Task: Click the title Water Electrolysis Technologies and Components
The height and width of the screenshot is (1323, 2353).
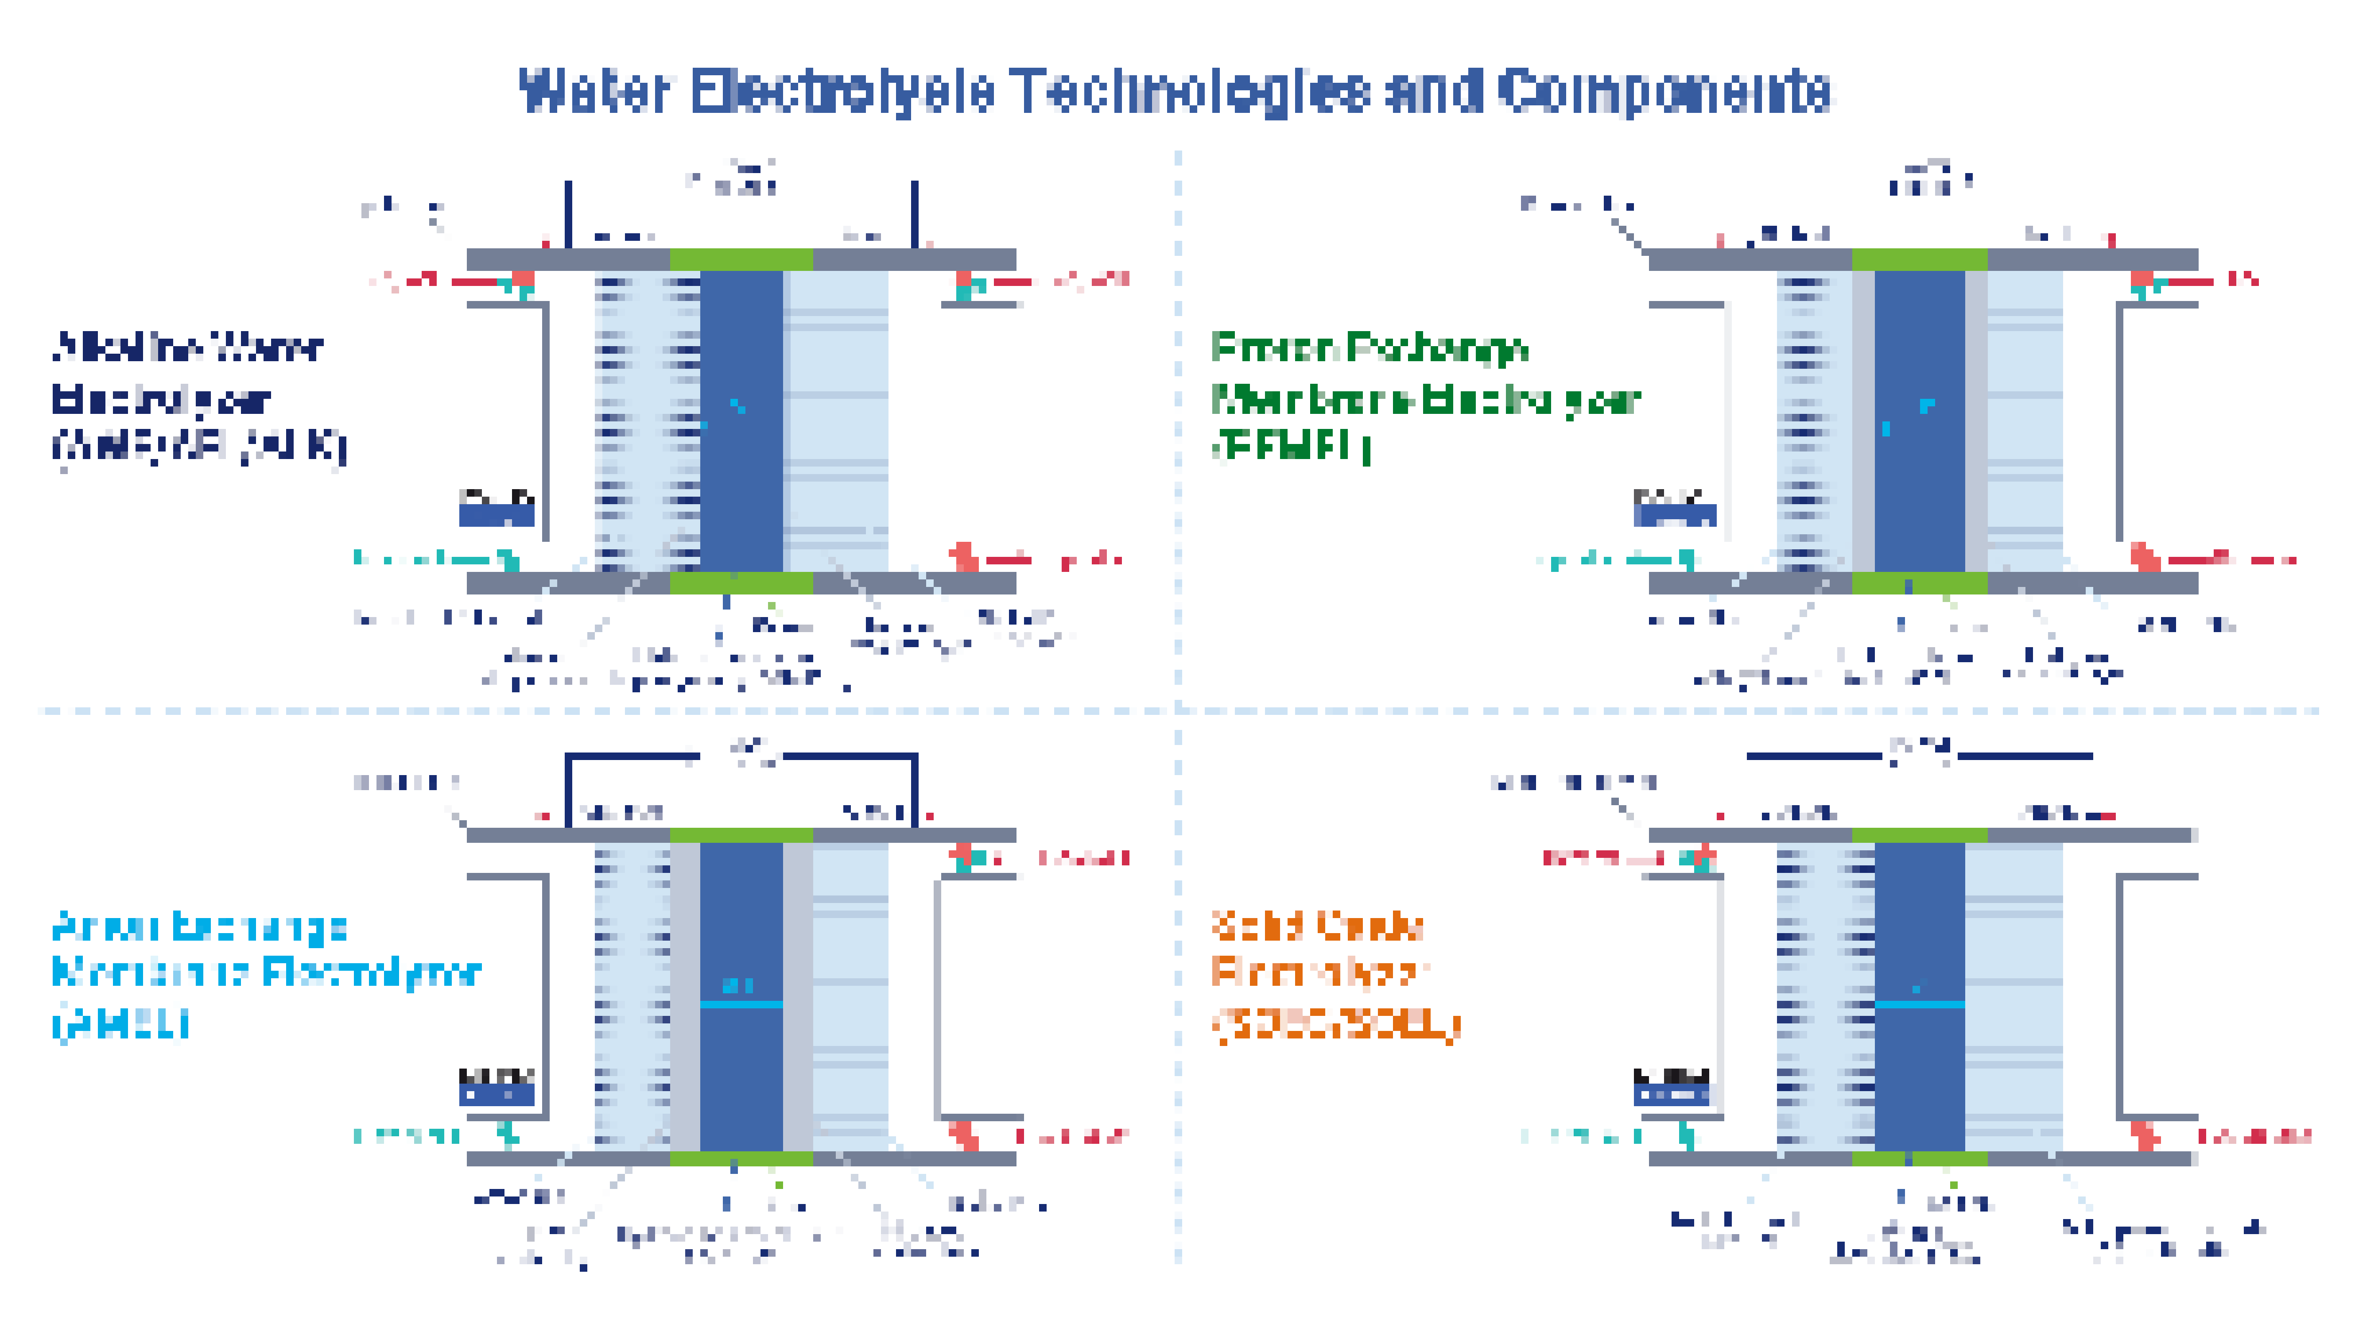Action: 1175,91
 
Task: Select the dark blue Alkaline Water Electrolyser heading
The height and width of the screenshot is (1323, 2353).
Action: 196,397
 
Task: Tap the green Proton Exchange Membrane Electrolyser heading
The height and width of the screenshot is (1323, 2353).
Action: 1425,397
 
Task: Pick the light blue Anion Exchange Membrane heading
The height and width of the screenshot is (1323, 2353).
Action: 265,973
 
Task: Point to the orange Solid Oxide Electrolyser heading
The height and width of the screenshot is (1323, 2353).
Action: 1334,973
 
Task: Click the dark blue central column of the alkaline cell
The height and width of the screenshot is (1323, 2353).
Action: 741,420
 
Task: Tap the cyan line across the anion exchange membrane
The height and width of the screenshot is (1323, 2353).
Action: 741,1004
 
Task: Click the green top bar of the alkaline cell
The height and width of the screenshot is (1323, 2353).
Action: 741,259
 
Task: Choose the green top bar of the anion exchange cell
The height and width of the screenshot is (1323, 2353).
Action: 741,834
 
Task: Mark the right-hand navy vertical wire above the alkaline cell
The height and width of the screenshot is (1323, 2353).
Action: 914,214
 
